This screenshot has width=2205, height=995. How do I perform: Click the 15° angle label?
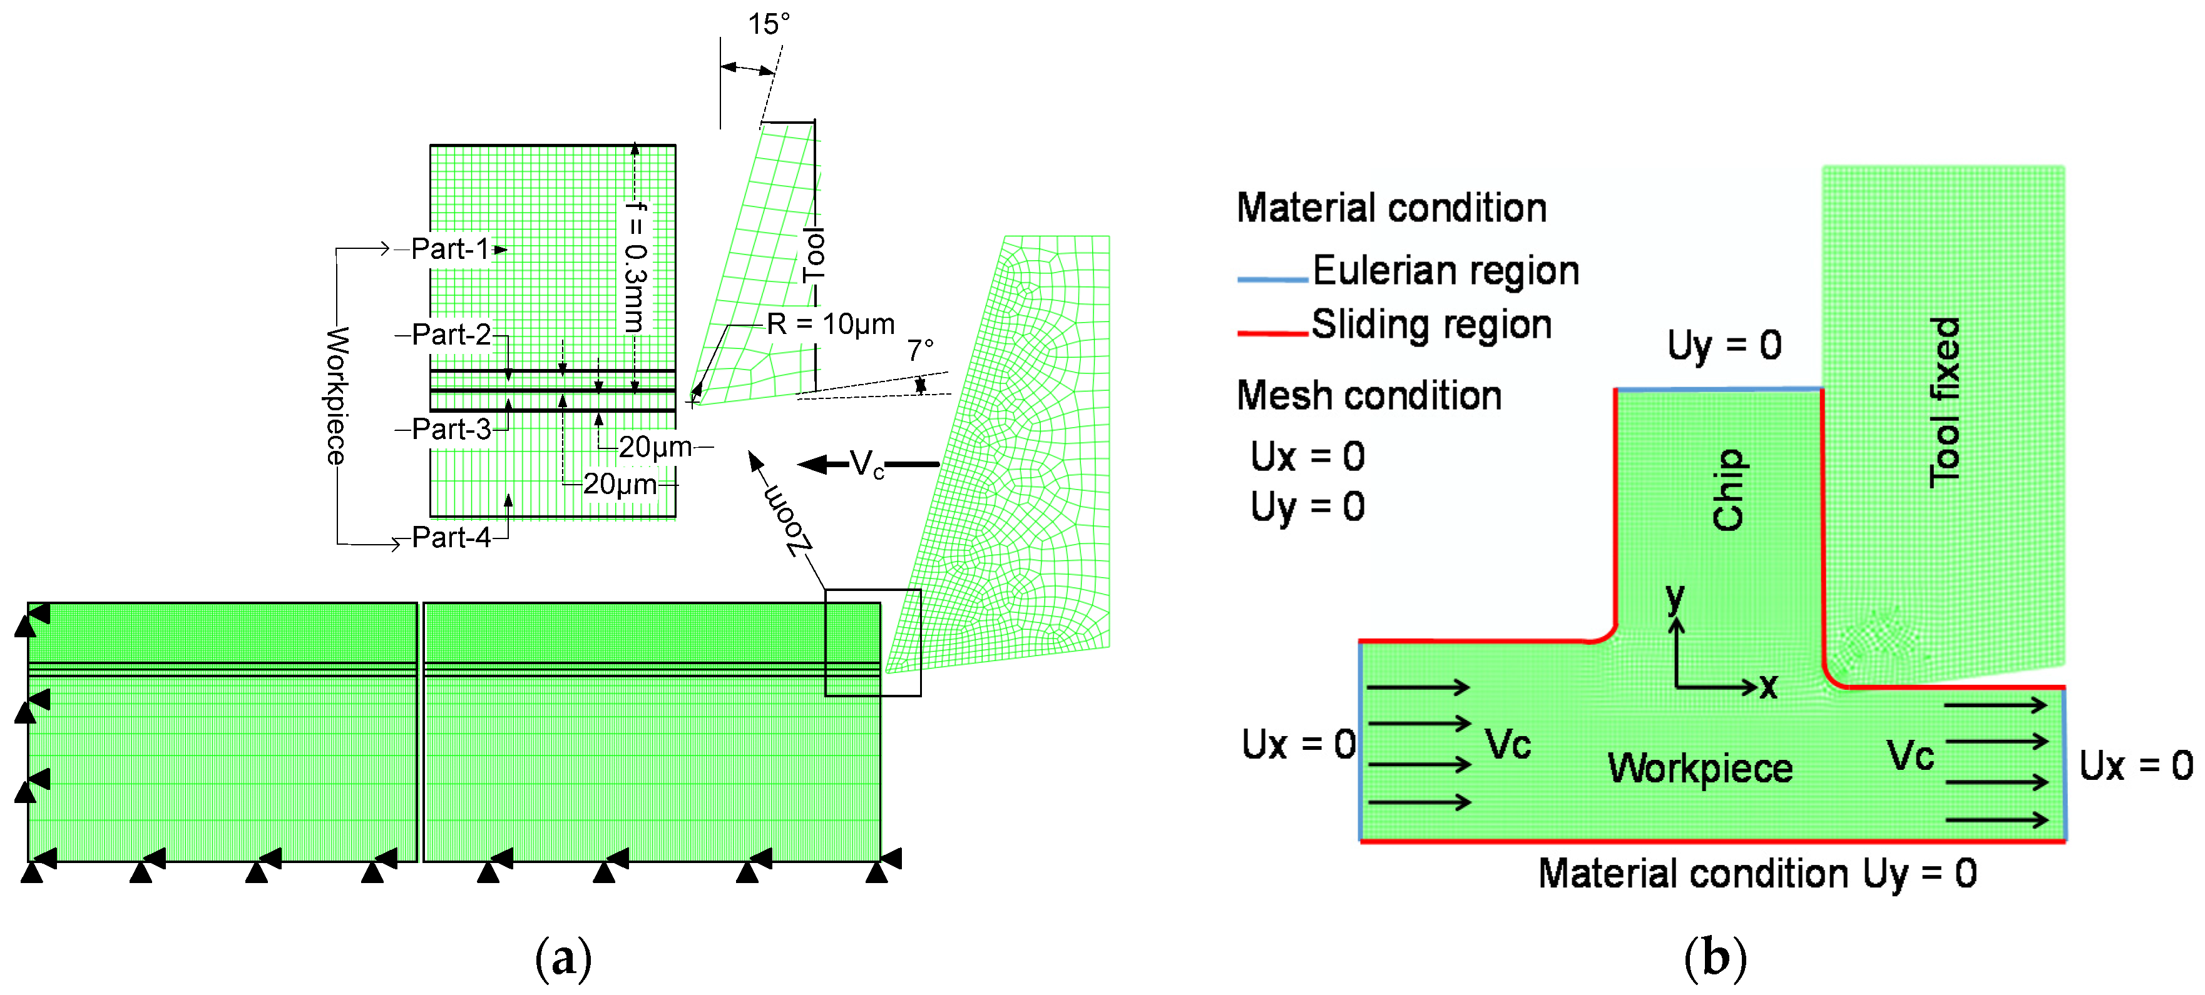pyautogui.click(x=768, y=24)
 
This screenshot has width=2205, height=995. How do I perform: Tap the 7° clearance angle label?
pyautogui.click(x=920, y=351)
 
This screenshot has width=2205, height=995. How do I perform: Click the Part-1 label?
pyautogui.click(x=450, y=249)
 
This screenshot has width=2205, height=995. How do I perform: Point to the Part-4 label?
pyautogui.click(x=451, y=537)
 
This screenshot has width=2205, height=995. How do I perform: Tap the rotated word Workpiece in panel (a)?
pyautogui.click(x=336, y=395)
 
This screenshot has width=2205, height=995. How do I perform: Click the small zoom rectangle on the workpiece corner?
pyautogui.click(x=872, y=642)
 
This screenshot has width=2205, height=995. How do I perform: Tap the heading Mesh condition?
pyautogui.click(x=1369, y=396)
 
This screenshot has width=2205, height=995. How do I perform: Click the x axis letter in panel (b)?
pyautogui.click(x=1769, y=685)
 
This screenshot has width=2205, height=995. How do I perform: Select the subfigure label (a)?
pyautogui.click(x=563, y=957)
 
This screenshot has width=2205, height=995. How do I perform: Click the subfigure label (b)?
pyautogui.click(x=1714, y=957)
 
